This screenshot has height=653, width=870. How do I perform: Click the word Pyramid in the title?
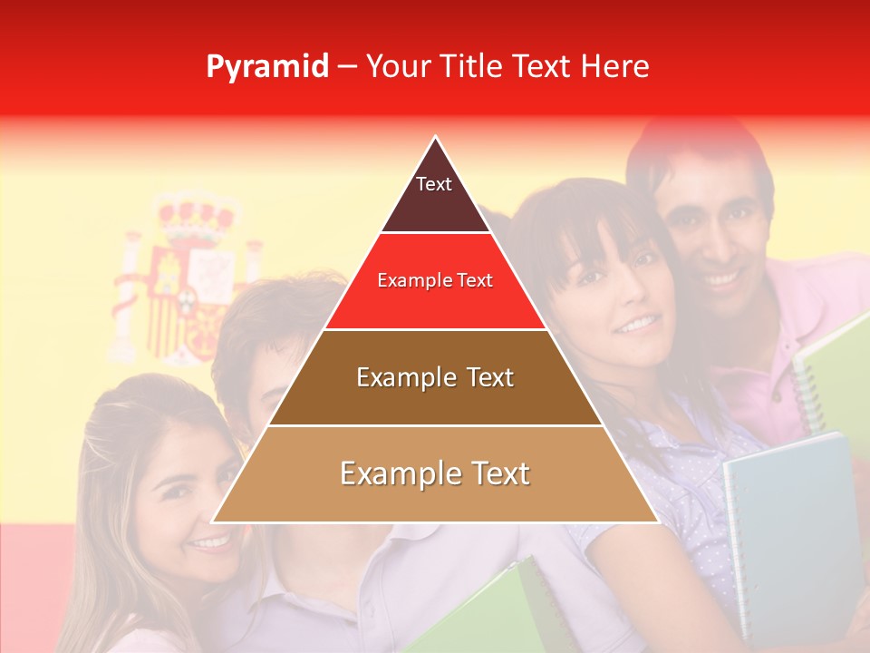tap(266, 67)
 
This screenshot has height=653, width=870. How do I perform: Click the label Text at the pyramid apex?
tap(433, 184)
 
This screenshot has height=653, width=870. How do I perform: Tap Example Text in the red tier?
tap(435, 280)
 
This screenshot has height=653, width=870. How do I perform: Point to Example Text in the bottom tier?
tap(435, 473)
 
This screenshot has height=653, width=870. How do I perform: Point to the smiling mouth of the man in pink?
tap(722, 276)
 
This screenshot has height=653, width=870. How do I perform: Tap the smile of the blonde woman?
tap(213, 542)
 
